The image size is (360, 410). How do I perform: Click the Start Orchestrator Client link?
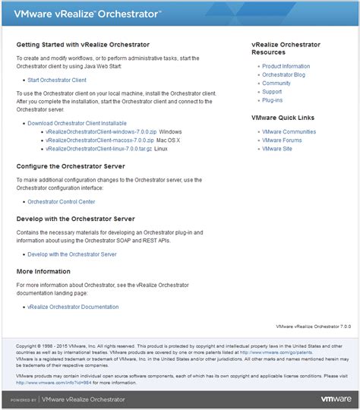(57, 80)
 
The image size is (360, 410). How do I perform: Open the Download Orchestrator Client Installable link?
(77, 123)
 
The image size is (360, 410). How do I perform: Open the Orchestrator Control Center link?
(62, 202)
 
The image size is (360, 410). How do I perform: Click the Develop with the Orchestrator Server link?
(72, 254)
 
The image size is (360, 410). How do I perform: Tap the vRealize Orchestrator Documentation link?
(73, 307)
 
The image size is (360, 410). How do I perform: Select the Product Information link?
(286, 67)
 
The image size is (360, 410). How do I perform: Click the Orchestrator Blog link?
(283, 75)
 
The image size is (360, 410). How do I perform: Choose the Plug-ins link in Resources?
(273, 100)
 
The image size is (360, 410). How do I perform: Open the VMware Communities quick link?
(289, 132)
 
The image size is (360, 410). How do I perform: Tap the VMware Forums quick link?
(282, 140)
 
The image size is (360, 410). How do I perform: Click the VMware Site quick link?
(276, 149)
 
